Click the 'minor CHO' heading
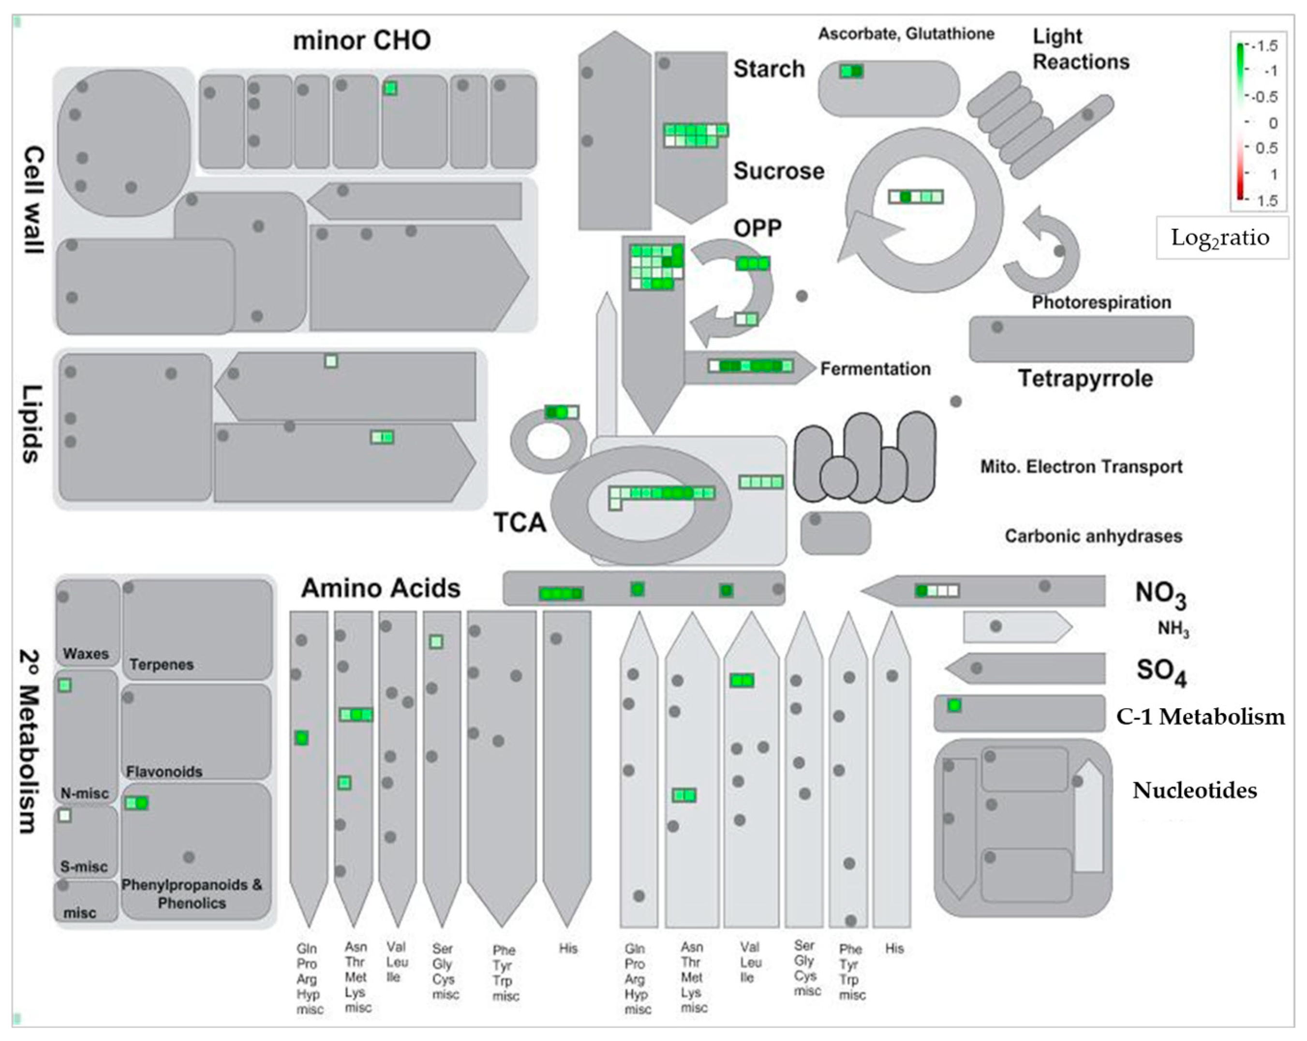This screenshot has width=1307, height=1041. coord(362,41)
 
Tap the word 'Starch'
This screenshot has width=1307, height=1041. coord(769,69)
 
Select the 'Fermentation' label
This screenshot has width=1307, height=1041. coord(875,369)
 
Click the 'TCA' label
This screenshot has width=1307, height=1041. coord(520,522)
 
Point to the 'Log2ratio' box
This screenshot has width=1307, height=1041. coord(1221,238)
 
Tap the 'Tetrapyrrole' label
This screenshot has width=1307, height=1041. coord(1085,378)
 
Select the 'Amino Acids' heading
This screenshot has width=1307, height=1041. coord(381,588)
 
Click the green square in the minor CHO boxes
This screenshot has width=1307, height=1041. coord(390,88)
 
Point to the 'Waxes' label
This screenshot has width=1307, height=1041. coord(86,654)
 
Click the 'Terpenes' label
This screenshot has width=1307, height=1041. coord(161,665)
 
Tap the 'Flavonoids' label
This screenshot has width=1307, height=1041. coord(163,772)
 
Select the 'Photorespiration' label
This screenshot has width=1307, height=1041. coord(1101,302)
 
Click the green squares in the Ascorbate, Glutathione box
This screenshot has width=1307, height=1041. coord(851,71)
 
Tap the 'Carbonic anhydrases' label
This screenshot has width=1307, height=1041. coord(1093,536)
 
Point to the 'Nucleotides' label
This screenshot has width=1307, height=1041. coord(1194,790)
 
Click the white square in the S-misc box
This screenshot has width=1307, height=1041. coord(65,816)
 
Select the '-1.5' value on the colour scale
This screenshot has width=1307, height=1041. coord(1266,46)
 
